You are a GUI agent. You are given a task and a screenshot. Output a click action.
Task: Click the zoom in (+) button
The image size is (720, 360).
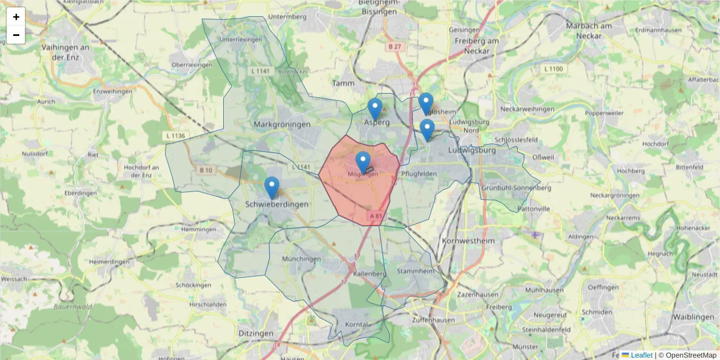[x=16, y=17]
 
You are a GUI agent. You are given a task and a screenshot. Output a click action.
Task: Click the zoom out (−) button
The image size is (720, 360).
[x=16, y=35]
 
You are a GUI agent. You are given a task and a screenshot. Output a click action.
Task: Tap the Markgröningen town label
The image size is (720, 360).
[x=282, y=124]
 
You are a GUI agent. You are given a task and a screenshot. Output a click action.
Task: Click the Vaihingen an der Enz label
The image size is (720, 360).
[x=65, y=52]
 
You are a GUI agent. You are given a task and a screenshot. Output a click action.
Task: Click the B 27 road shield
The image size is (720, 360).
[x=394, y=47]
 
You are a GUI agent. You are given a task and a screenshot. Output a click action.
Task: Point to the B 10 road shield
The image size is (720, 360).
[x=206, y=170]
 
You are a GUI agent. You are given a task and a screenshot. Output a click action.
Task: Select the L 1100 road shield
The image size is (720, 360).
[x=553, y=69]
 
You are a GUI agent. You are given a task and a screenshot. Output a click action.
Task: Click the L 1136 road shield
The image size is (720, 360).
[x=175, y=136]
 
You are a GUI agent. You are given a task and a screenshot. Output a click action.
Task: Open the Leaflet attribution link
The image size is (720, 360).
[x=641, y=355]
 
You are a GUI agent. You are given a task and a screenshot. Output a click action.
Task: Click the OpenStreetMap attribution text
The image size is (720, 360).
[x=691, y=355]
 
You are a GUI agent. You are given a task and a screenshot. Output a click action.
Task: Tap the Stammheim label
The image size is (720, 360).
[x=415, y=271]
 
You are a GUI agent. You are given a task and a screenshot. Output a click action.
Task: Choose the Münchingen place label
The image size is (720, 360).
[x=301, y=259]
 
